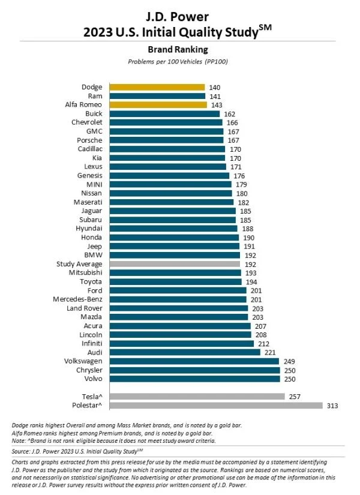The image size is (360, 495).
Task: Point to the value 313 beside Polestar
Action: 332,406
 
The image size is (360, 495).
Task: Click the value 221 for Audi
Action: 270,352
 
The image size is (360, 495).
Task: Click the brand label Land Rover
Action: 85,308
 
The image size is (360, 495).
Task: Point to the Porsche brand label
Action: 89,140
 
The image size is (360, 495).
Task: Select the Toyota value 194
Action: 251,281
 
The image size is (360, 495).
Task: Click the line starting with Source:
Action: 77,451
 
